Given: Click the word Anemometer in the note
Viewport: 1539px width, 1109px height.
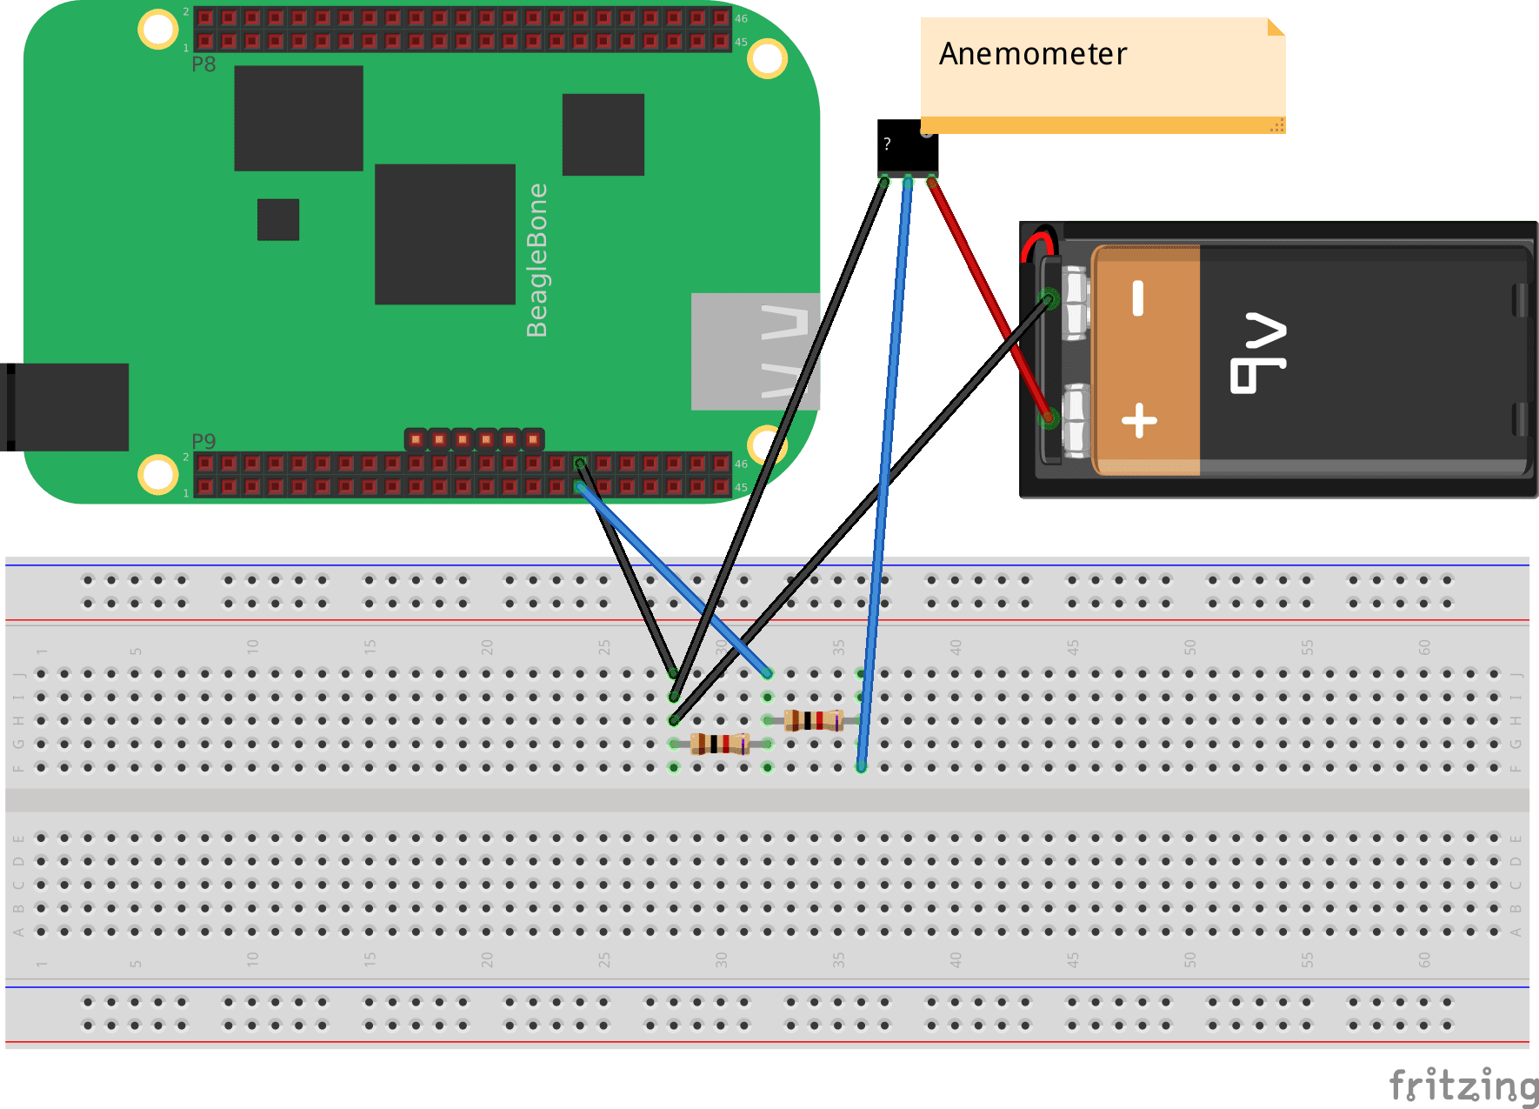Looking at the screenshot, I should coord(1032,54).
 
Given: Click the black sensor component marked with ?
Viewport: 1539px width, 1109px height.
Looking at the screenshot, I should coord(907,146).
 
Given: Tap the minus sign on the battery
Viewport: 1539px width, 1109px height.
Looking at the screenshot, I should coord(1137,298).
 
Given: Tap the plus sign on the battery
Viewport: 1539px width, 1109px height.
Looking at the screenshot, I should coord(1139,421).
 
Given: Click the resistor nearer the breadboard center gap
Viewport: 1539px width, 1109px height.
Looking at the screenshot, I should coord(719,744).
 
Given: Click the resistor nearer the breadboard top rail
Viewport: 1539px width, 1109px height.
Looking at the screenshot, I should coord(813,720).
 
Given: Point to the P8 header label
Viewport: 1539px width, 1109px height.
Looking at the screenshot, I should coord(203,64).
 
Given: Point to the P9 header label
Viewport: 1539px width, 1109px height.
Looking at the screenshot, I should coord(203,440).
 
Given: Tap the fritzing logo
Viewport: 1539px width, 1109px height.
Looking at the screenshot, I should coord(1462,1086).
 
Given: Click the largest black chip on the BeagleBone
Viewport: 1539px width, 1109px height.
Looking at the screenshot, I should coord(444,234).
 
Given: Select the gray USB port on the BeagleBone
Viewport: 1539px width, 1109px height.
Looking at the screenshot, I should coord(754,351).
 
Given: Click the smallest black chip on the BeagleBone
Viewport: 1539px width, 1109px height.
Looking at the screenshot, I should coord(278,219).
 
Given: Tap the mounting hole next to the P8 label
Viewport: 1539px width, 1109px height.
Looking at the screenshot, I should coord(158,29).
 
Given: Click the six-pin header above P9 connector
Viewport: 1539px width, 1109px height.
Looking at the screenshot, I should coord(474,439).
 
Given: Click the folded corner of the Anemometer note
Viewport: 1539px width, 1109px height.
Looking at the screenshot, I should coord(1275,27).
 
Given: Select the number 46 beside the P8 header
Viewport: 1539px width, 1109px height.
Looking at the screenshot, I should coord(741,18).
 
